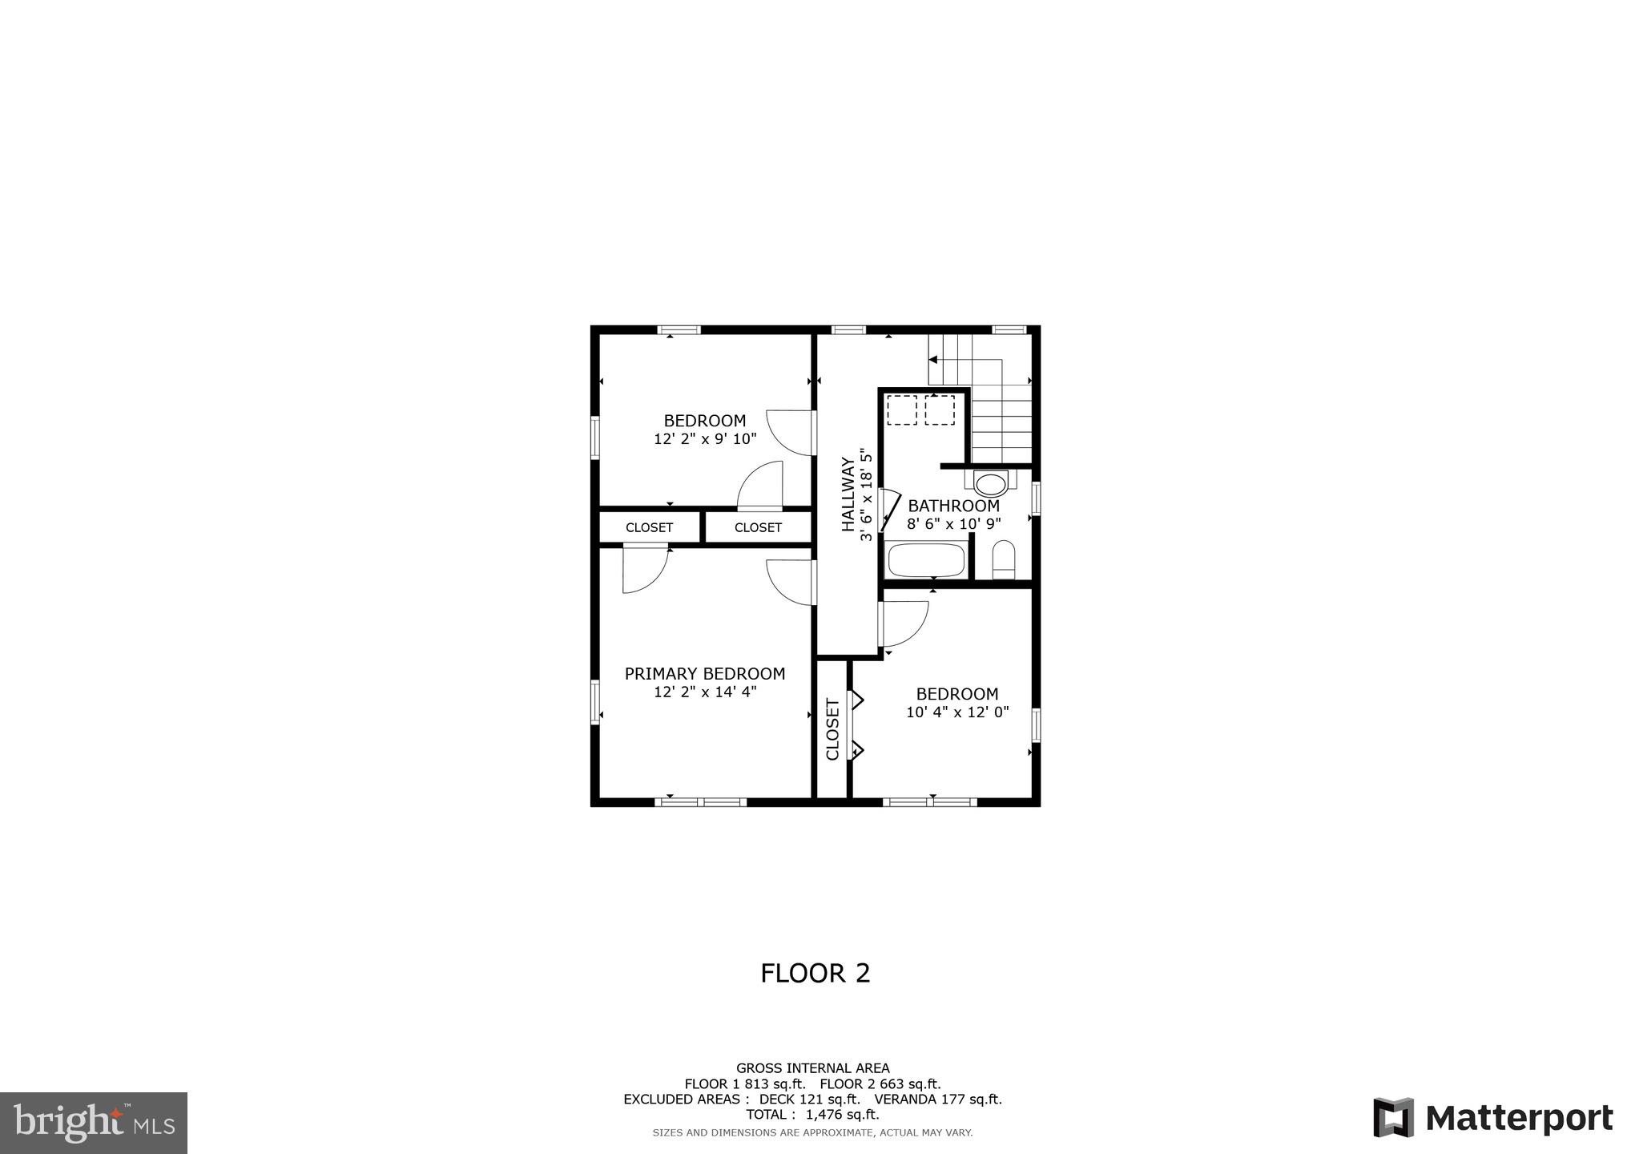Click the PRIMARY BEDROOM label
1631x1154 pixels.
[704, 674]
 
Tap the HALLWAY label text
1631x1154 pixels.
[848, 494]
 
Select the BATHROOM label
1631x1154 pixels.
[953, 506]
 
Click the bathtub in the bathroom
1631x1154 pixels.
[927, 560]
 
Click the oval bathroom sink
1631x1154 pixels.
[991, 484]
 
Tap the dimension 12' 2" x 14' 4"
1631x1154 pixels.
[705, 692]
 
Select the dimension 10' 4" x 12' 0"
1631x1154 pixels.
[957, 712]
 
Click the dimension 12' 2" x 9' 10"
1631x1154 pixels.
[705, 439]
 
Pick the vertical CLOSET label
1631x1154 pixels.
[832, 729]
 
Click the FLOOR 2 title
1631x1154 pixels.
[815, 973]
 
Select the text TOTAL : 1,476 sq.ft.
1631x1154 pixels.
[812, 1115]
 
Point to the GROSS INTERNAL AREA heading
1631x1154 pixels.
[812, 1068]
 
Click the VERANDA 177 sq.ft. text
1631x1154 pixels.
[938, 1100]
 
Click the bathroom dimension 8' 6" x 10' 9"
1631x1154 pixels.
[953, 524]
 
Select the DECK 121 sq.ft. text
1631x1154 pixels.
[809, 1100]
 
